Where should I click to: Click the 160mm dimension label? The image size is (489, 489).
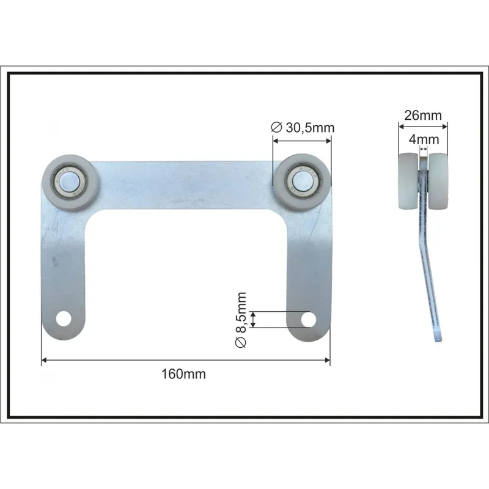(x=183, y=374)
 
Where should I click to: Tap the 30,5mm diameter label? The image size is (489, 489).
(x=310, y=128)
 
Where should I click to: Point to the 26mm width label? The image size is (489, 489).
(x=423, y=116)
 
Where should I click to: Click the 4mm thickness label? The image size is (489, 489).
(x=424, y=139)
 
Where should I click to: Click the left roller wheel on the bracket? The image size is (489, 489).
(x=71, y=183)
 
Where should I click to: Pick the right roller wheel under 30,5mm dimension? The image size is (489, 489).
(x=301, y=182)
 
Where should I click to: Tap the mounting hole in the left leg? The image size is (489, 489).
(x=64, y=318)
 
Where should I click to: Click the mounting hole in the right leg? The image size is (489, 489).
(x=309, y=319)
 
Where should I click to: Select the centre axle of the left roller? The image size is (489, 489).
(x=68, y=181)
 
